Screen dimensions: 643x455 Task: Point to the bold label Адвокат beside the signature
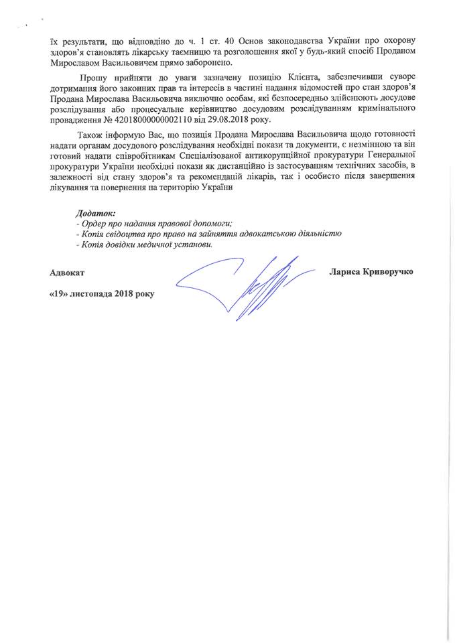pos(67,273)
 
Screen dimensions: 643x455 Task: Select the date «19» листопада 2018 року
pos(101,293)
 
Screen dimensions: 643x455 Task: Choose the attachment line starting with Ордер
pos(158,223)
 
